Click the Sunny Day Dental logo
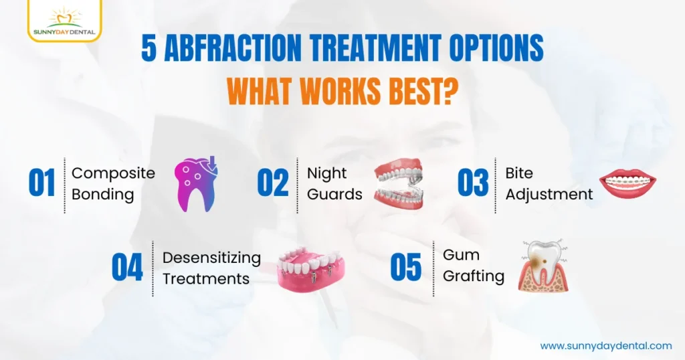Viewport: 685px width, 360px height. coord(64,21)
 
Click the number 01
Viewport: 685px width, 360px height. coord(41,184)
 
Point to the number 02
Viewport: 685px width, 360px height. coord(273,184)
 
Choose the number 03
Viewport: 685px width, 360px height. coord(473,184)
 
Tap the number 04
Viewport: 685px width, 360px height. coord(127,268)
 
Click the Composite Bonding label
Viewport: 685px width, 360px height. coord(113,184)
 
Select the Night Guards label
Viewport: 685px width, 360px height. coord(334,184)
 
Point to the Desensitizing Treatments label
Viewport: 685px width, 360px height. coord(211,268)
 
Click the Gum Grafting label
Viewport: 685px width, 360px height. coord(473,266)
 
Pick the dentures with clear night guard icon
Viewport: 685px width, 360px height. coord(399,184)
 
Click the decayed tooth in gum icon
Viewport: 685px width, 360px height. coord(543,266)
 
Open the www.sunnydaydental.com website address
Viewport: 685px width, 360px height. coord(606,345)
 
